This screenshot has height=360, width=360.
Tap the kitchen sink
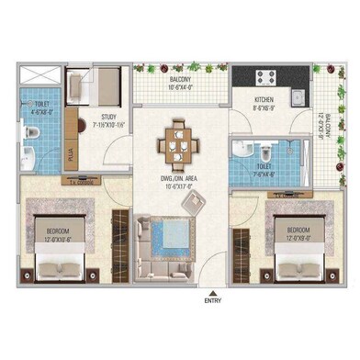[x=298, y=95]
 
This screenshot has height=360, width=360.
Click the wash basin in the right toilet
[x=242, y=151]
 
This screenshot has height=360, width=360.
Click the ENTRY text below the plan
[x=213, y=299]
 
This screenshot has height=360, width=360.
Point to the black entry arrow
[x=213, y=290]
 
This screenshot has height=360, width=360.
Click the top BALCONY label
[x=180, y=80]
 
